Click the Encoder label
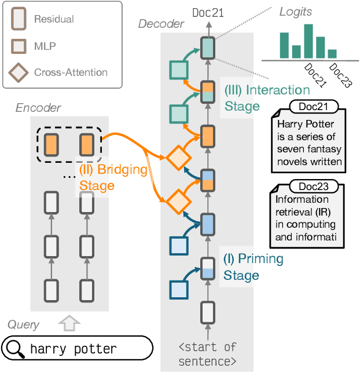pyautogui.click(x=38, y=108)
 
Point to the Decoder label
pyautogui.click(x=161, y=24)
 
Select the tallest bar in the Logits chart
pyautogui.click(x=308, y=41)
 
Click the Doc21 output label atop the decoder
pyautogui.click(x=208, y=12)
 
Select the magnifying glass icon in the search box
pyautogui.click(x=16, y=349)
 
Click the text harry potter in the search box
pyautogui.click(x=73, y=349)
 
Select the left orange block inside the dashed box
pyautogui.click(x=51, y=143)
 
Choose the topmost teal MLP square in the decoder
pyautogui.click(x=179, y=70)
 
